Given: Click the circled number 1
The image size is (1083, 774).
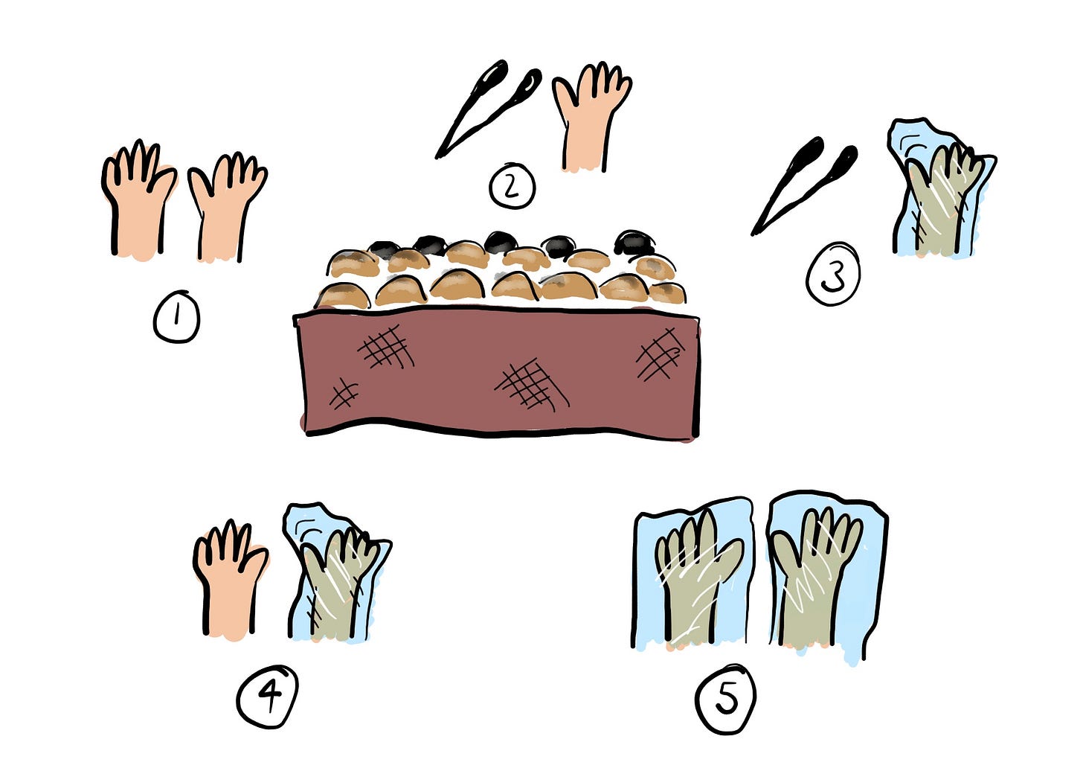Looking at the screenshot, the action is click(x=176, y=317).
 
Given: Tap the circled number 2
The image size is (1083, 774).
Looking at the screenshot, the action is click(x=512, y=186).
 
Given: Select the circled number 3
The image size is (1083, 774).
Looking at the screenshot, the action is click(x=833, y=274).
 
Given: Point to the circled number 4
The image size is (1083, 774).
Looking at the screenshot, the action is click(x=267, y=697).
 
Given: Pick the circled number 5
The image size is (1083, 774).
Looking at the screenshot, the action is click(x=725, y=699).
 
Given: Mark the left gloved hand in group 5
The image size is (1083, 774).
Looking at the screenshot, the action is click(x=694, y=576).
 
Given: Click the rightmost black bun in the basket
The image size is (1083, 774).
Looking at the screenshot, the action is click(x=634, y=243).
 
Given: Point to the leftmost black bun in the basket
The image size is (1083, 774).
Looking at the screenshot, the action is click(x=385, y=248).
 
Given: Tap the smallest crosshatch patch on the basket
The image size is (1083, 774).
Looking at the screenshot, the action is click(x=344, y=394).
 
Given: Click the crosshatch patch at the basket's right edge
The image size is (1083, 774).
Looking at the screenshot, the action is click(x=660, y=354).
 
